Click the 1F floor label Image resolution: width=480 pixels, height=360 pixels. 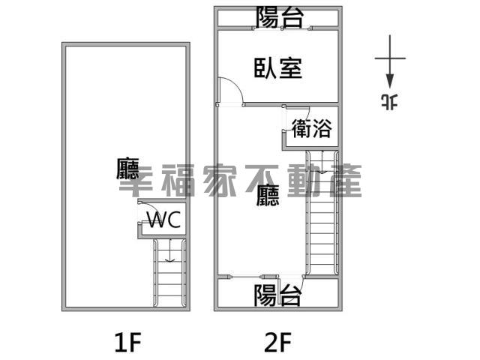(127, 342)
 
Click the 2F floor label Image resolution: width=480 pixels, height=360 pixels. (278, 342)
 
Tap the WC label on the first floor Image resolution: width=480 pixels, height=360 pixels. (164, 220)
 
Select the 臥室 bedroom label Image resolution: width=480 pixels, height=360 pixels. (278, 68)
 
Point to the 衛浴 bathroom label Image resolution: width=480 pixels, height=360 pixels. (311, 128)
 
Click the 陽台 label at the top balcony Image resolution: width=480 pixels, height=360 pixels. (280, 16)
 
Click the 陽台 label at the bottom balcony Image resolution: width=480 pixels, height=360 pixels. (277, 295)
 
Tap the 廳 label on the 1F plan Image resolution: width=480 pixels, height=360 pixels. (127, 168)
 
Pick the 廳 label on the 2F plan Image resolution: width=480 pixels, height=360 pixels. (268, 195)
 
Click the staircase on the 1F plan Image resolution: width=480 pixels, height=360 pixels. (169, 273)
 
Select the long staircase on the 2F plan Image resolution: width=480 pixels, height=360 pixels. (322, 213)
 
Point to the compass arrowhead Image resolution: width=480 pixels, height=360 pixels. (390, 81)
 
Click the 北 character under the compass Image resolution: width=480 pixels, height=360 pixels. (390, 102)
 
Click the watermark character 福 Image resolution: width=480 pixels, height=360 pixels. (178, 180)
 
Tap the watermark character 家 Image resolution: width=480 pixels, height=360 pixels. (220, 180)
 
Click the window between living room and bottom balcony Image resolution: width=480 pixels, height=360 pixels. (246, 277)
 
